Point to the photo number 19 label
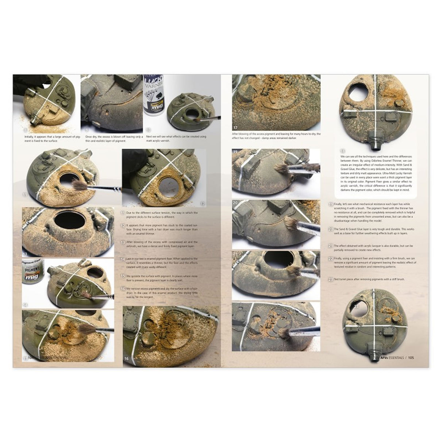(x=235, y=151)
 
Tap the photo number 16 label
(x=126, y=359)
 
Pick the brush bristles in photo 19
(x=282, y=168)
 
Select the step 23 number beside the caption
(x=331, y=280)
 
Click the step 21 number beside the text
(x=331, y=246)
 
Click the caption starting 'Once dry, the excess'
(x=113, y=138)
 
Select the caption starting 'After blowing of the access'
(x=276, y=135)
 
